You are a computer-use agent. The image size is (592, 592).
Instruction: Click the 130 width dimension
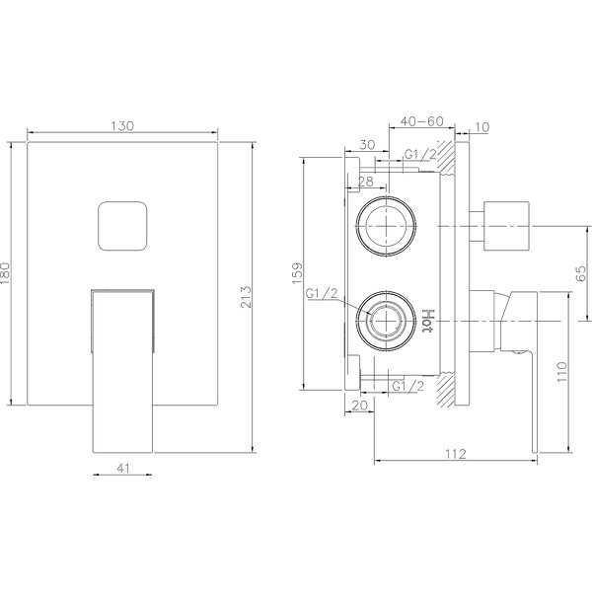click(122, 125)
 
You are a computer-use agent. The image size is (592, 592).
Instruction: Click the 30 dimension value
click(367, 144)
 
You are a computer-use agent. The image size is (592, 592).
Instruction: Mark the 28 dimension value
click(364, 183)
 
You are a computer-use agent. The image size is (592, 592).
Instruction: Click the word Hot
click(428, 321)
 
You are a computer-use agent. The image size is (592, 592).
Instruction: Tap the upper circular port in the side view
click(386, 225)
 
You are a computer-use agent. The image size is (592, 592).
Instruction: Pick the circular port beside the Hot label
click(386, 320)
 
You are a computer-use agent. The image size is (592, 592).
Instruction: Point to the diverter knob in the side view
click(504, 225)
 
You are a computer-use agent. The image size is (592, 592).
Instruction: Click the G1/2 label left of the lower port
click(323, 294)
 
